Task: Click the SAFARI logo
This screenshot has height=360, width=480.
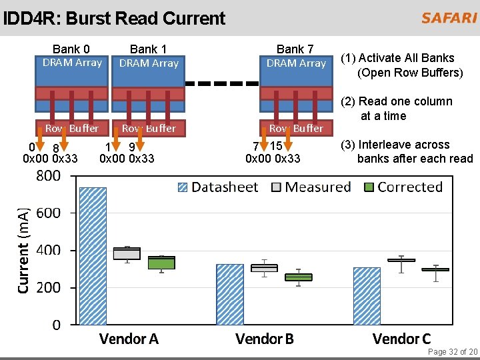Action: tap(449, 18)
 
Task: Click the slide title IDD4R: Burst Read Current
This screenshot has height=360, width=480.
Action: tap(114, 18)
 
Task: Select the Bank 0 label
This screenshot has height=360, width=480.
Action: tap(71, 49)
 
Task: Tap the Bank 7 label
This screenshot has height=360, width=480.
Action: tap(295, 49)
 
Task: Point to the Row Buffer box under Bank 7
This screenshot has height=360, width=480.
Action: tap(295, 128)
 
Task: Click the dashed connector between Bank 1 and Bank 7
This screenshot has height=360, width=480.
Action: tap(223, 84)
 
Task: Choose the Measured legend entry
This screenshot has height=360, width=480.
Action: tap(310, 187)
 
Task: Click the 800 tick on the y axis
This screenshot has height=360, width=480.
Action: tap(48, 176)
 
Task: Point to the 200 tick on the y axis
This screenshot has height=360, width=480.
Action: tap(48, 287)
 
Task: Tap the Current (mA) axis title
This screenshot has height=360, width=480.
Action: tap(23, 250)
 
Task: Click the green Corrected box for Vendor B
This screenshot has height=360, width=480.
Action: tap(298, 277)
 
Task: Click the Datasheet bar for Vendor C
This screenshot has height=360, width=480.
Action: tap(367, 296)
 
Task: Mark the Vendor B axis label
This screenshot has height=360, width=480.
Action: tap(265, 339)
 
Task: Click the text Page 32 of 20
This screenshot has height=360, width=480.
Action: tap(452, 352)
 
